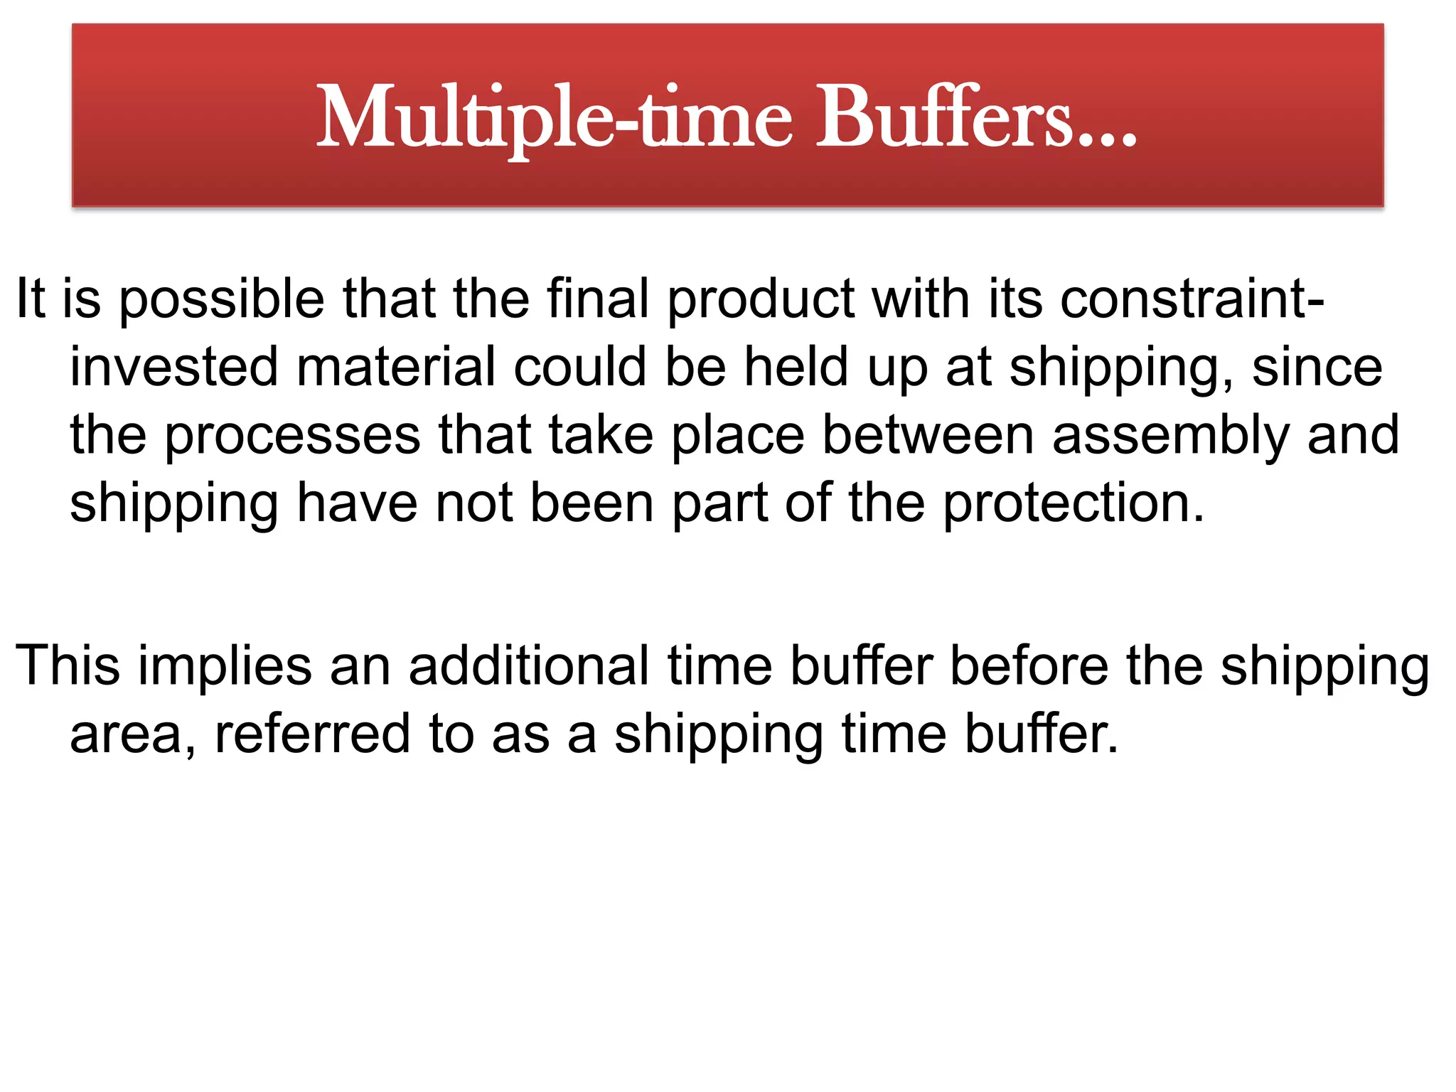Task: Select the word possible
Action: (221, 300)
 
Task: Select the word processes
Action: (292, 437)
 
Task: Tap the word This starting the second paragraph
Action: (68, 665)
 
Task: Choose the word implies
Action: (225, 667)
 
